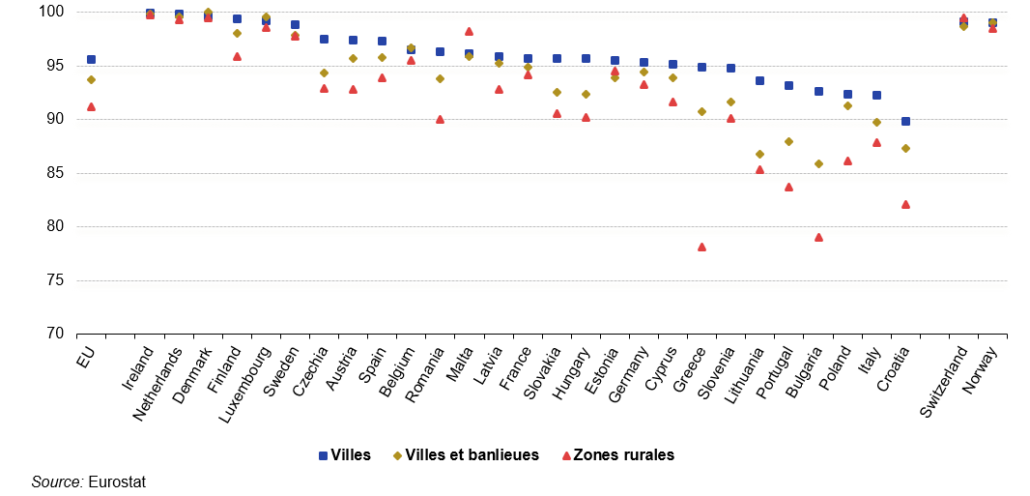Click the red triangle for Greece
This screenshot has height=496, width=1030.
[701, 247]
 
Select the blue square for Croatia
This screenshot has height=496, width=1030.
[905, 121]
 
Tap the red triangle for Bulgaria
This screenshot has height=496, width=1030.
[818, 237]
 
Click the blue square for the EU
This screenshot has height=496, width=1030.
[91, 59]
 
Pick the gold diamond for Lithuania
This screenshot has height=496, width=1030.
[759, 154]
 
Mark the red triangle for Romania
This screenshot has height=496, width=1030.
[440, 119]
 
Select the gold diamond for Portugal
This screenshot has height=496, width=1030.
[788, 141]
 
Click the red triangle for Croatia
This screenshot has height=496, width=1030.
[905, 204]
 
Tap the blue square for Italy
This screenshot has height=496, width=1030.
[876, 95]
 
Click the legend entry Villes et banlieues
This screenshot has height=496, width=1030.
[472, 454]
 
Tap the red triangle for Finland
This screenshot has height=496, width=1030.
[237, 56]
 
